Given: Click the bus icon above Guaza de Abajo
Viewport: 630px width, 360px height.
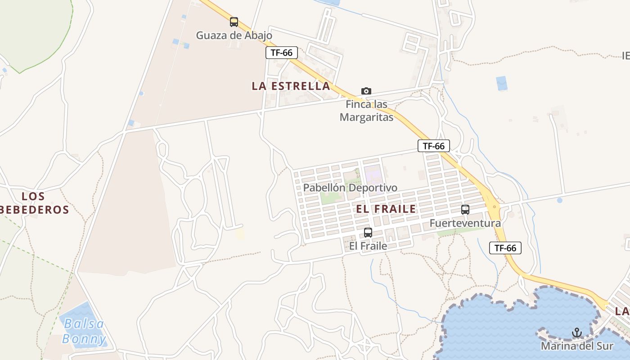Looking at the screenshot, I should pyautogui.click(x=234, y=22).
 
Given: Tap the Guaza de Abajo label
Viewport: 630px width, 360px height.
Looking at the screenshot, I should pyautogui.click(x=234, y=35).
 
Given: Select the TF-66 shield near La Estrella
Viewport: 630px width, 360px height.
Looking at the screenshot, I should pyautogui.click(x=282, y=53).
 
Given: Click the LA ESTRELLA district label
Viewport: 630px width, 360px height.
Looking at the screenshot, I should pyautogui.click(x=291, y=86).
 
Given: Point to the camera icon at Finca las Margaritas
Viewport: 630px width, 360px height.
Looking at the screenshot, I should pyautogui.click(x=366, y=91).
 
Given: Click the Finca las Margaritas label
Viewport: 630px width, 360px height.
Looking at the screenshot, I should pyautogui.click(x=366, y=111).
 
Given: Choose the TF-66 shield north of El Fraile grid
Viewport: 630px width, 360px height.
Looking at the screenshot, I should pyautogui.click(x=434, y=146).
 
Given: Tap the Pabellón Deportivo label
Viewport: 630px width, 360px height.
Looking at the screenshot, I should pyautogui.click(x=350, y=188).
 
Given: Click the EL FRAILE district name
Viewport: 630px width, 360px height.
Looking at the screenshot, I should pyautogui.click(x=386, y=209).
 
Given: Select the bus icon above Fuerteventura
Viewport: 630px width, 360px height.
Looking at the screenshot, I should pyautogui.click(x=465, y=210).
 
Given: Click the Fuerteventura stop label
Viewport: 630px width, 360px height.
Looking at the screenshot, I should pyautogui.click(x=465, y=223).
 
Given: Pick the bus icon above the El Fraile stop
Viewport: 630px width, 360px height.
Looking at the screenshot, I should pyautogui.click(x=368, y=233).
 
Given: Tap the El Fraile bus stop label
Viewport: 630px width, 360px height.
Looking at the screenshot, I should pyautogui.click(x=368, y=246).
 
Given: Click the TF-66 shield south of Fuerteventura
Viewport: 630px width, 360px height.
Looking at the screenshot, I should pyautogui.click(x=505, y=248).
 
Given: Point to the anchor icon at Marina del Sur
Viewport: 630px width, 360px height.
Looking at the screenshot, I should pyautogui.click(x=577, y=333).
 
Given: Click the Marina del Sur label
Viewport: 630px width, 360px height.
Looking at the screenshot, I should pyautogui.click(x=577, y=346).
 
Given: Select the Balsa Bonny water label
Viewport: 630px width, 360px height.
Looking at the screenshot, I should pyautogui.click(x=84, y=331).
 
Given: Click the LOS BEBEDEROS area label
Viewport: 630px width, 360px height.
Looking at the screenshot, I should pyautogui.click(x=34, y=203).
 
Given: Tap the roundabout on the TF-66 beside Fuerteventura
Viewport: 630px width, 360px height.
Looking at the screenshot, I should pyautogui.click(x=495, y=207).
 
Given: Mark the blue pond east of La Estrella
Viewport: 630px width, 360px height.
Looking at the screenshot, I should pyautogui.click(x=501, y=84).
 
